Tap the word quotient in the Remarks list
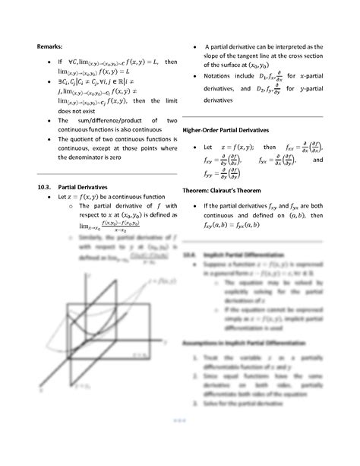(77, 139)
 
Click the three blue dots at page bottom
(179, 442)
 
